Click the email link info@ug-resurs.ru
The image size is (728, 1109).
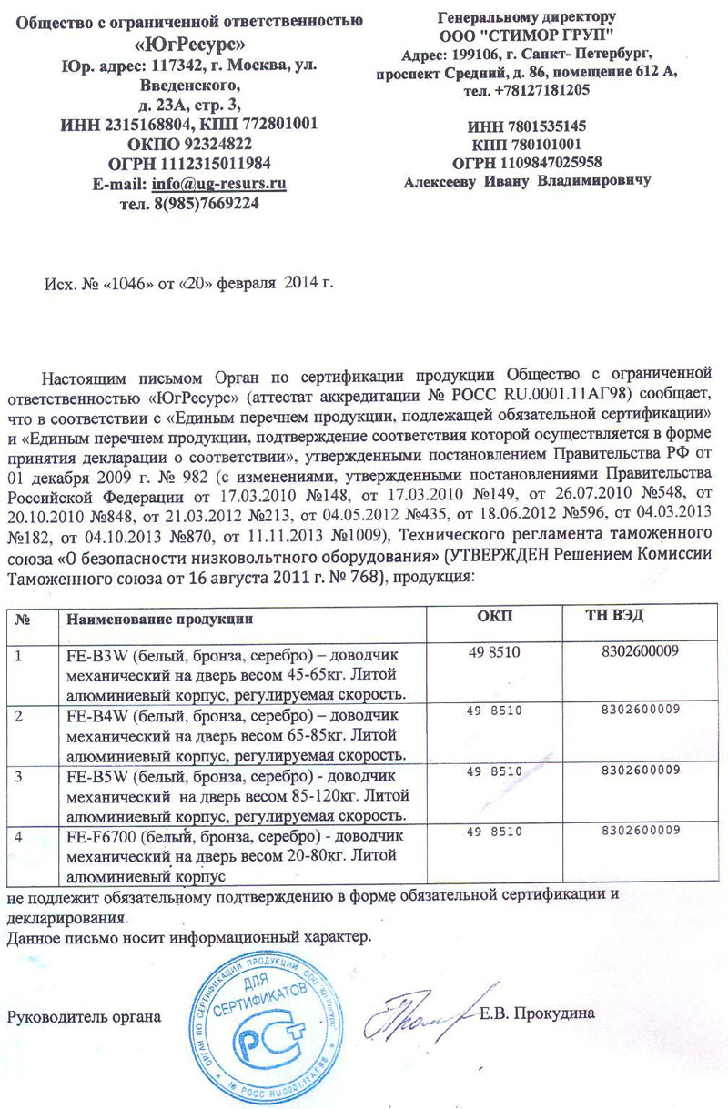[x=219, y=184]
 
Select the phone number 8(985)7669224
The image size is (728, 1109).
[x=209, y=204]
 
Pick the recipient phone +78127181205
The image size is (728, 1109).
[x=540, y=91]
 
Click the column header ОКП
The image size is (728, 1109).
[x=495, y=618]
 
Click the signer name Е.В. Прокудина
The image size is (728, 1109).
[x=537, y=1013]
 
